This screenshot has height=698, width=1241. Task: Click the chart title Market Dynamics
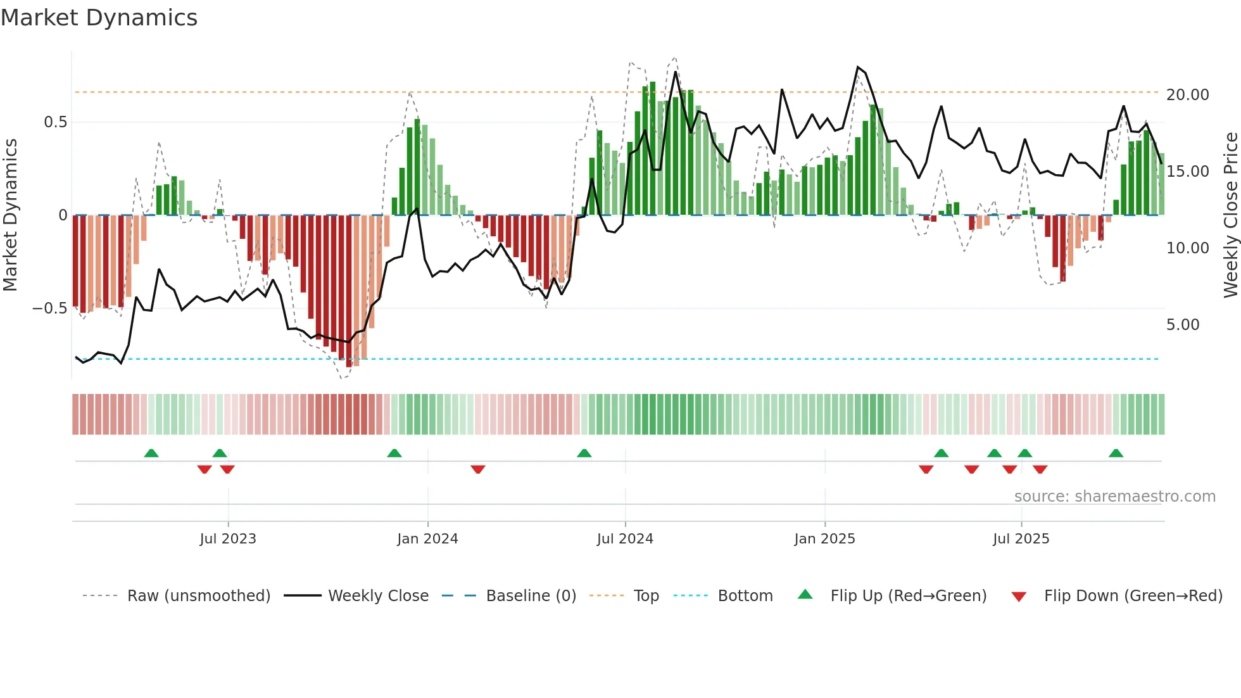[x=99, y=18]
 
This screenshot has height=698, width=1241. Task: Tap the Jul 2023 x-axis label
[x=228, y=539]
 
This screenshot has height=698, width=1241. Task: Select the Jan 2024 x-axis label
[x=427, y=539]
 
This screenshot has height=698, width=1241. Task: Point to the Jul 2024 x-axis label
[x=625, y=539]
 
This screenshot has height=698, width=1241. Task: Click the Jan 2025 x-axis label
[x=824, y=539]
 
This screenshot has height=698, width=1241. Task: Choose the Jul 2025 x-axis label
[x=1021, y=539]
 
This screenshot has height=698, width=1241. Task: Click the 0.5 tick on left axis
[x=55, y=122]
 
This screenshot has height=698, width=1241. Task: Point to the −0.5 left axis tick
[x=50, y=308]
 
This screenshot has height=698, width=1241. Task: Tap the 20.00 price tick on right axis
[x=1187, y=95]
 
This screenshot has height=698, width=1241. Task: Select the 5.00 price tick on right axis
[x=1183, y=325]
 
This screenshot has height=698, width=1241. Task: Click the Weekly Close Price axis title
[x=1230, y=215]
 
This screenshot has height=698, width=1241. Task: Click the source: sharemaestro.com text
[x=1114, y=497]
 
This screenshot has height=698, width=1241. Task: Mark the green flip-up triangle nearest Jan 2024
[x=394, y=454]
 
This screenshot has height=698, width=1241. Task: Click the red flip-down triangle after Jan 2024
[x=478, y=469]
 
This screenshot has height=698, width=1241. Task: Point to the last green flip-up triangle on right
[x=1116, y=454]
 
